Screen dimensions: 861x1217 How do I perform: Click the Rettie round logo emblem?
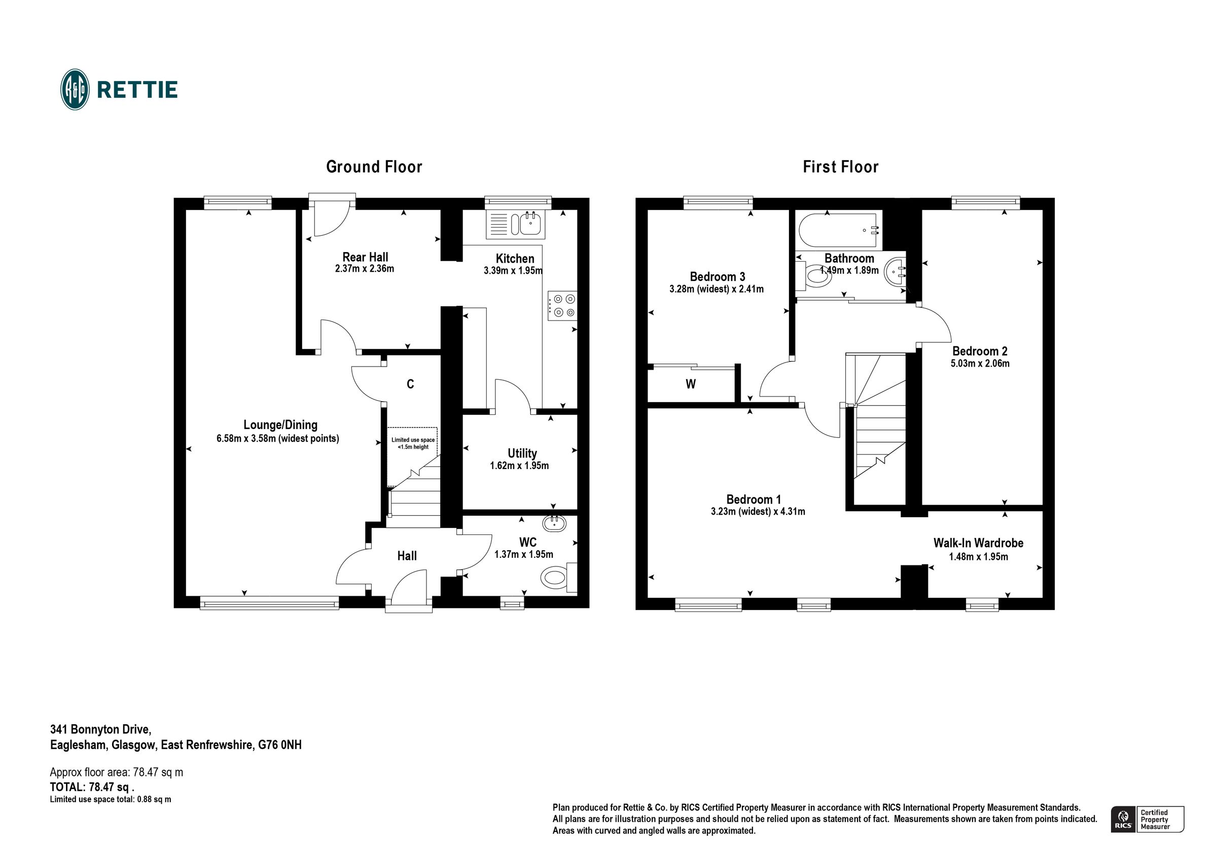tap(75, 90)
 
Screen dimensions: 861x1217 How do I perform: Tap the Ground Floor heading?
tap(374, 167)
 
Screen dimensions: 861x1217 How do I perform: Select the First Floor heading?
tap(840, 167)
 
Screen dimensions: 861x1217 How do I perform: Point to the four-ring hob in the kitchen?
tap(562, 306)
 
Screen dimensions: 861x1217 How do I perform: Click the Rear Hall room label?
tap(365, 257)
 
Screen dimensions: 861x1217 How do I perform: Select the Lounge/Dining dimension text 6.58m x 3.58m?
tap(277, 439)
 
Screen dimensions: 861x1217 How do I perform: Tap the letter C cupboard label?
tap(410, 384)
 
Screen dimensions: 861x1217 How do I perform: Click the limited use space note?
tap(413, 443)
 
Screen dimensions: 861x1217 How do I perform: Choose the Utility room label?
tap(522, 453)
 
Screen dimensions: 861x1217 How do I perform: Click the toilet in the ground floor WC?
tap(555, 577)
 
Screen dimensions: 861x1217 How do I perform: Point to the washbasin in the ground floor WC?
tap(554, 524)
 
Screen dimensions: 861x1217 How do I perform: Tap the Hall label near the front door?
tap(407, 556)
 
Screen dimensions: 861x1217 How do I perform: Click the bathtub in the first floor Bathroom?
tap(840, 231)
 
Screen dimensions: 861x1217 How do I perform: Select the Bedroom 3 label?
tap(717, 276)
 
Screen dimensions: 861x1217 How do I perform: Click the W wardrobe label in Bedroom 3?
tap(690, 384)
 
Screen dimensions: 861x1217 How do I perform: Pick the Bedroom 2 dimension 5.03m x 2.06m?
tap(980, 364)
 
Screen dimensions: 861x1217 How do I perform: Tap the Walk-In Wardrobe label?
tap(978, 543)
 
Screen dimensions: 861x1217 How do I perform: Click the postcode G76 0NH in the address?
tap(280, 745)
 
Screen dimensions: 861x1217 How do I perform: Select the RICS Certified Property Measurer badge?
tap(1147, 819)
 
